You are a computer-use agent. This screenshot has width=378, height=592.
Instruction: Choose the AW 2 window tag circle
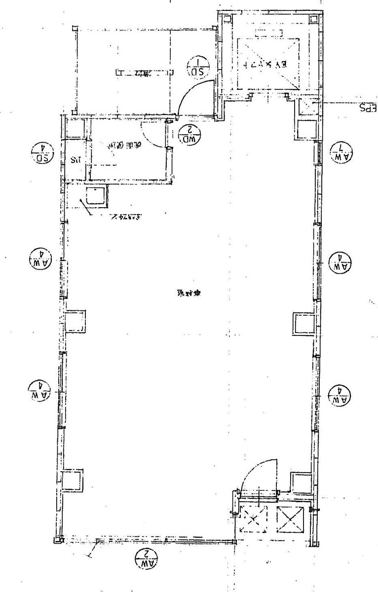(x=147, y=558)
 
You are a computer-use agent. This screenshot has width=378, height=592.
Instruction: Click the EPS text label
(x=368, y=107)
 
